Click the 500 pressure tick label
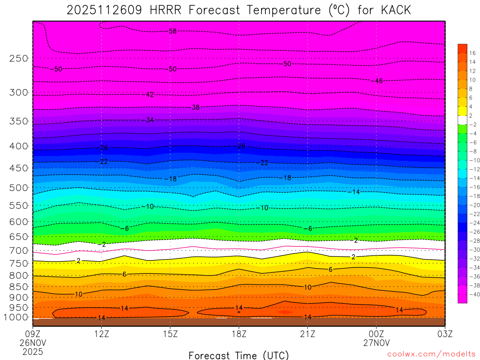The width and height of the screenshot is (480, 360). pos(19,188)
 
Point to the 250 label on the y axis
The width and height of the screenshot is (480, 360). pos(19,59)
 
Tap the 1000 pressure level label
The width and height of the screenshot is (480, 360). pos(17,317)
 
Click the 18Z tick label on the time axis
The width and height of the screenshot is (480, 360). pos(239,334)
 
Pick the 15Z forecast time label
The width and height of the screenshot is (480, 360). pos(170,334)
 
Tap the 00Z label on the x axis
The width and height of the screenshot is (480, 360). pos(376,334)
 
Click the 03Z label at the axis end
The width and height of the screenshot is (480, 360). pos(445,334)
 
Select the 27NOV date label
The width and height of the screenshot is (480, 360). pos(376,343)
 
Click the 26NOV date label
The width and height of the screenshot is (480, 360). pos(32,343)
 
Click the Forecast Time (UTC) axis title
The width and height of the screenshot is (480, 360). pos(239,355)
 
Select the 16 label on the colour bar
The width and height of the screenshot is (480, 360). pos(472,53)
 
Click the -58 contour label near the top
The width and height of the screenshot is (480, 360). pos(172,31)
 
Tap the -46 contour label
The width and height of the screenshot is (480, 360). pos(378,81)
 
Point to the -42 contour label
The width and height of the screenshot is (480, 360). pos(149,95)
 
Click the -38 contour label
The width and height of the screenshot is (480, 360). pos(195,107)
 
